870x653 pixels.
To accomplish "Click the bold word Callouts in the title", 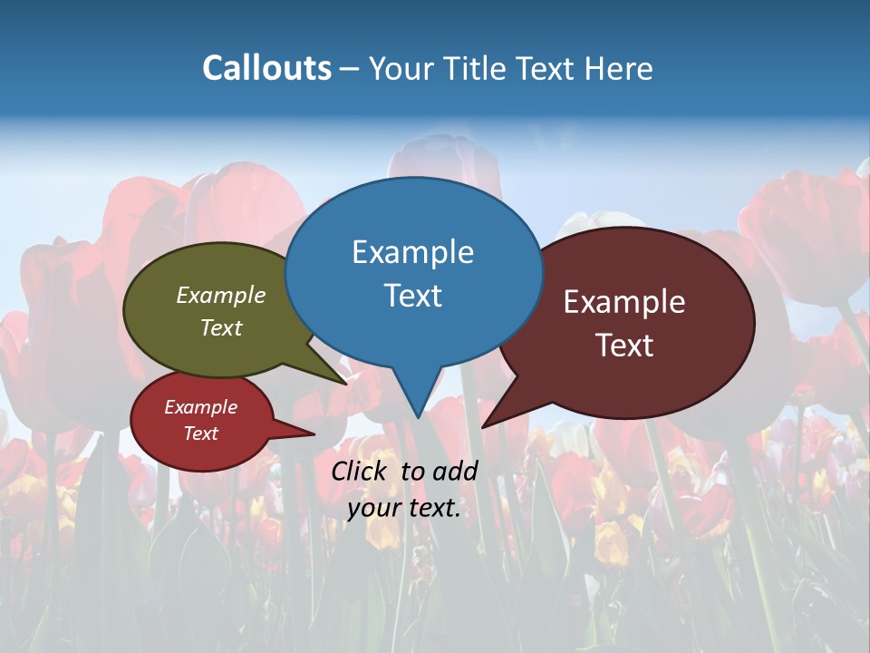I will pyautogui.click(x=266, y=68).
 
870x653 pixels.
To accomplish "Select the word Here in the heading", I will pyautogui.click(x=620, y=68).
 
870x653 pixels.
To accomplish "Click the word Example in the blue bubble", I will pyautogui.click(x=412, y=252).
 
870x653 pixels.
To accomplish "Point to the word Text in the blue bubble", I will pyautogui.click(x=412, y=296).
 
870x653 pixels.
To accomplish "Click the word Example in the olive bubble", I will pyautogui.click(x=221, y=295).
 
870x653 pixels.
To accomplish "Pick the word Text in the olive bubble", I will pyautogui.click(x=221, y=327).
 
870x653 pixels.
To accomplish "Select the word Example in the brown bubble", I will pyautogui.click(x=624, y=302).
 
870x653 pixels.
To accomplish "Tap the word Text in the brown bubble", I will pyautogui.click(x=624, y=346).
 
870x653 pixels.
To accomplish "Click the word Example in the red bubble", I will pyautogui.click(x=200, y=407).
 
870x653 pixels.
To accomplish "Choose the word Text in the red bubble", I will pyautogui.click(x=200, y=434).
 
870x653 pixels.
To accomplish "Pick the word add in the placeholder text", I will pyautogui.click(x=454, y=471).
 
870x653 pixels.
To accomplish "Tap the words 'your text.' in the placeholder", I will pyautogui.click(x=404, y=508).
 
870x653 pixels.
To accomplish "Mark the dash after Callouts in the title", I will pyautogui.click(x=351, y=69).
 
